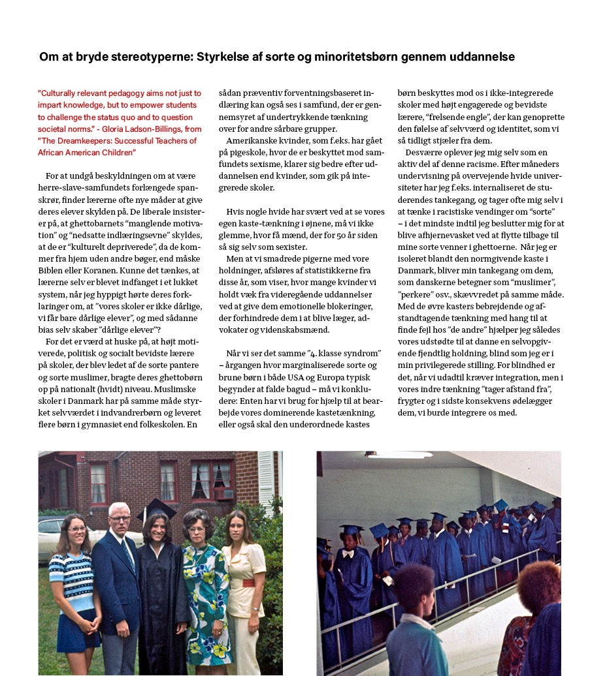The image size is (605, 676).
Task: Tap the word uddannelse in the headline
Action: tap(482, 57)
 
